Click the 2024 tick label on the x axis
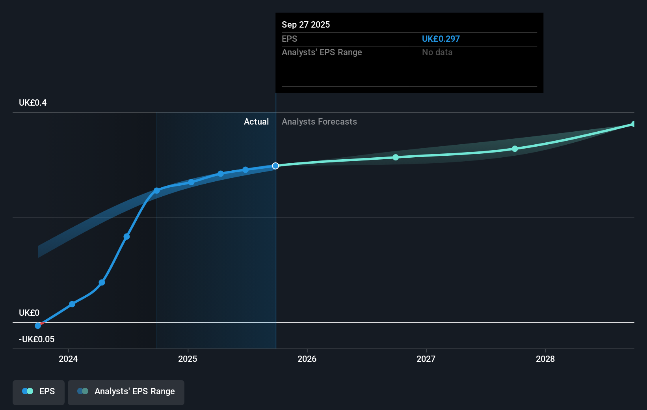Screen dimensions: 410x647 click(x=68, y=359)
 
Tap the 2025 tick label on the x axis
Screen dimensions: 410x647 click(x=188, y=359)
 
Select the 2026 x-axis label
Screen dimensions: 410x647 click(x=307, y=359)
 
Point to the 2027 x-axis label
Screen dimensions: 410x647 click(x=426, y=359)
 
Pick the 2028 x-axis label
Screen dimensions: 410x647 click(x=545, y=359)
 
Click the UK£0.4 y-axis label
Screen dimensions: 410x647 click(x=33, y=103)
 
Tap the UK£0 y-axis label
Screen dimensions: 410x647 click(x=29, y=313)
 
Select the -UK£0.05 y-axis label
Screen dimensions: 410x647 click(x=37, y=339)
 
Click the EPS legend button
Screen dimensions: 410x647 click(x=39, y=392)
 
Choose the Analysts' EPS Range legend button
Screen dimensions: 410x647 click(x=126, y=392)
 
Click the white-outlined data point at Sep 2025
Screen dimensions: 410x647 click(x=275, y=166)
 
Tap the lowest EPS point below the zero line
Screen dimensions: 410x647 click(x=38, y=326)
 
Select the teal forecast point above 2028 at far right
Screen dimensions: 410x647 click(x=633, y=124)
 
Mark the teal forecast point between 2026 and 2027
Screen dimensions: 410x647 click(x=396, y=157)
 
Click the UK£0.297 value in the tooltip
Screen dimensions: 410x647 click(x=441, y=39)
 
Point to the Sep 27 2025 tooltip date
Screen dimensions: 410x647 click(x=306, y=25)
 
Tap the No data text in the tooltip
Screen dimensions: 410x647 click(x=437, y=52)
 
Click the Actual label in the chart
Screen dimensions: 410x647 click(x=256, y=122)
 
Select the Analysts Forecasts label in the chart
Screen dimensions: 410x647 click(x=319, y=122)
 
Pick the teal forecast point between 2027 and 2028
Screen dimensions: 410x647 click(x=515, y=149)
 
